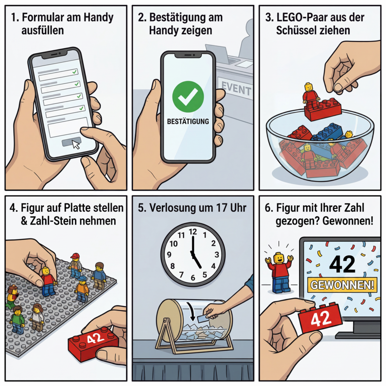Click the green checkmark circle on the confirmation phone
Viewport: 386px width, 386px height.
click(x=188, y=97)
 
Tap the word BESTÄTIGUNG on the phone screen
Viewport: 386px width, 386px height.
click(x=188, y=122)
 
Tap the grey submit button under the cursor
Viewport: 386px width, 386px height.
click(x=71, y=142)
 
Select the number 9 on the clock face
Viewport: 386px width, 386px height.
click(x=169, y=254)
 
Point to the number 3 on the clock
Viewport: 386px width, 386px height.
click(x=217, y=254)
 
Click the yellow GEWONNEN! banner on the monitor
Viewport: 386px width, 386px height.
click(x=342, y=285)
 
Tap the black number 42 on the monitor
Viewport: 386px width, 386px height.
click(x=342, y=264)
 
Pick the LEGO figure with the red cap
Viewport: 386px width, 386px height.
click(x=75, y=266)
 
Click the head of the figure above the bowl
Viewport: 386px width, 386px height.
click(x=308, y=87)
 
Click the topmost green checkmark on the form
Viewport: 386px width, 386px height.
click(x=74, y=72)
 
